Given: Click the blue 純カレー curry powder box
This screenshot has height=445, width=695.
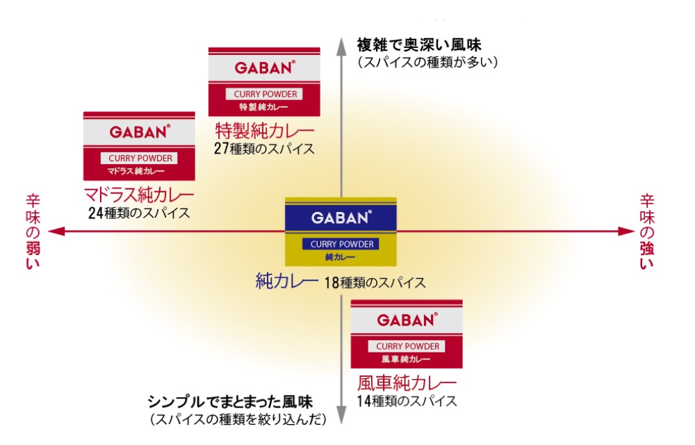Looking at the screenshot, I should point(341,232).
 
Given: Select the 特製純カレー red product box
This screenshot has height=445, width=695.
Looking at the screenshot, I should point(264,81).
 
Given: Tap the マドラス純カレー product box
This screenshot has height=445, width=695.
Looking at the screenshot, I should point(139,146).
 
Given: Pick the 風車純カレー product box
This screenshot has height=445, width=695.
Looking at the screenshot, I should point(407,334).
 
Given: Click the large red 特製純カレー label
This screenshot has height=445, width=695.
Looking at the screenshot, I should point(264,130).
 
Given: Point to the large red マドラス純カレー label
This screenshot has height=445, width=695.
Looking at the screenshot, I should point(139,195).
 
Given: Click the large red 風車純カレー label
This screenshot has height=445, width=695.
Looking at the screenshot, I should point(407,383).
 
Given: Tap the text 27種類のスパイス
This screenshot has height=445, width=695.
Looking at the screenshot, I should point(264,148).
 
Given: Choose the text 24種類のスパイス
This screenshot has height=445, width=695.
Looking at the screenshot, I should point(139,213).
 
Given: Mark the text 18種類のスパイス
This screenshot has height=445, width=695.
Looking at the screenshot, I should point(375,283).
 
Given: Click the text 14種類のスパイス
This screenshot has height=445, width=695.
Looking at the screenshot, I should point(407,401).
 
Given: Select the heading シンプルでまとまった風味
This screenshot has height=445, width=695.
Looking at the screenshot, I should point(230,402).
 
